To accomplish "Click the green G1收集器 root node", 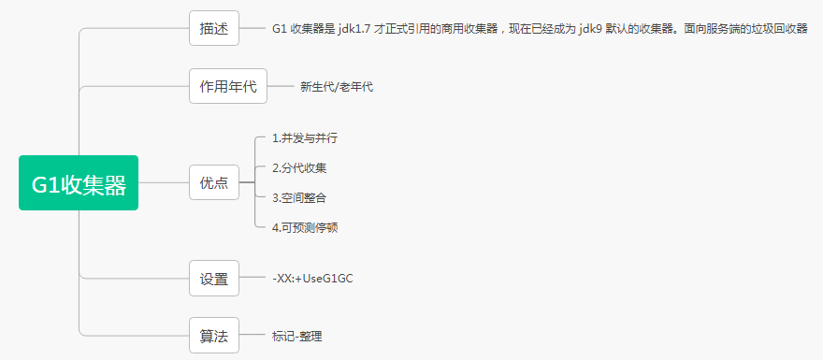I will (79, 183).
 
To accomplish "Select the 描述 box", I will (214, 28).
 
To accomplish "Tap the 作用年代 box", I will (228, 86).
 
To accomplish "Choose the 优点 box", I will (214, 182).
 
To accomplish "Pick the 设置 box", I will (214, 278).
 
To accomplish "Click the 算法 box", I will (214, 336).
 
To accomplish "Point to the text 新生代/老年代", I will (337, 87).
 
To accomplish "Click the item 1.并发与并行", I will (304, 138).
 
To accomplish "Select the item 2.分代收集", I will (298, 168).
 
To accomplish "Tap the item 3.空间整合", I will (298, 197).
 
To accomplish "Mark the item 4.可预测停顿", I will (304, 227).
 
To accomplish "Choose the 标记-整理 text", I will (296, 337).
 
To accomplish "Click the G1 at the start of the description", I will (280, 29).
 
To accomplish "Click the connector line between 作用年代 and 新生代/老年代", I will (281, 86).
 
